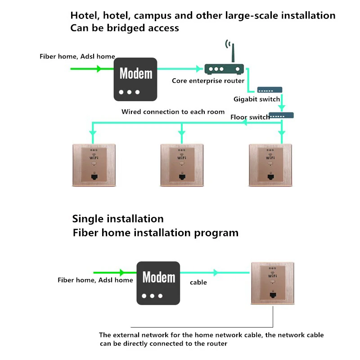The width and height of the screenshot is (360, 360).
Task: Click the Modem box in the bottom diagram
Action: [x=158, y=283]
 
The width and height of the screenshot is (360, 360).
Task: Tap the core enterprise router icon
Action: [x=224, y=69]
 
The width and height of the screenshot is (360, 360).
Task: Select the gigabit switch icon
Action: [x=270, y=90]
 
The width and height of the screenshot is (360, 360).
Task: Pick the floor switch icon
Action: [x=281, y=115]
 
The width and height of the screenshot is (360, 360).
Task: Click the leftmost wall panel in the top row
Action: [x=94, y=165]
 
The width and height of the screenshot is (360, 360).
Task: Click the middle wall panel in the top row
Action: [x=182, y=165]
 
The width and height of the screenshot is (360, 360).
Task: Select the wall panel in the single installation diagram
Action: [x=272, y=283]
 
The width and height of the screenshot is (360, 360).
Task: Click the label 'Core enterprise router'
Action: [x=208, y=81]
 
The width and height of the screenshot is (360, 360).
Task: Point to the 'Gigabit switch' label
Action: [x=256, y=99]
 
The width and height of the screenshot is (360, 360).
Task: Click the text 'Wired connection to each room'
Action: [x=173, y=112]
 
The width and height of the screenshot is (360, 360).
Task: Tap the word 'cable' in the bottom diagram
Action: [x=198, y=283]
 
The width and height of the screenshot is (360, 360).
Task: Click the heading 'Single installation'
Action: [x=118, y=219]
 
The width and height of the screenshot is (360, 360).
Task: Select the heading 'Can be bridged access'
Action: [x=125, y=28]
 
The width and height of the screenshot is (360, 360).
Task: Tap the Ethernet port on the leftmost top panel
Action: [x=94, y=177]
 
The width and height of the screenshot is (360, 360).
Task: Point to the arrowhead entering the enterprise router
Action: [x=199, y=69]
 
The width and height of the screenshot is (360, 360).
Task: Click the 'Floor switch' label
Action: [x=250, y=117]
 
